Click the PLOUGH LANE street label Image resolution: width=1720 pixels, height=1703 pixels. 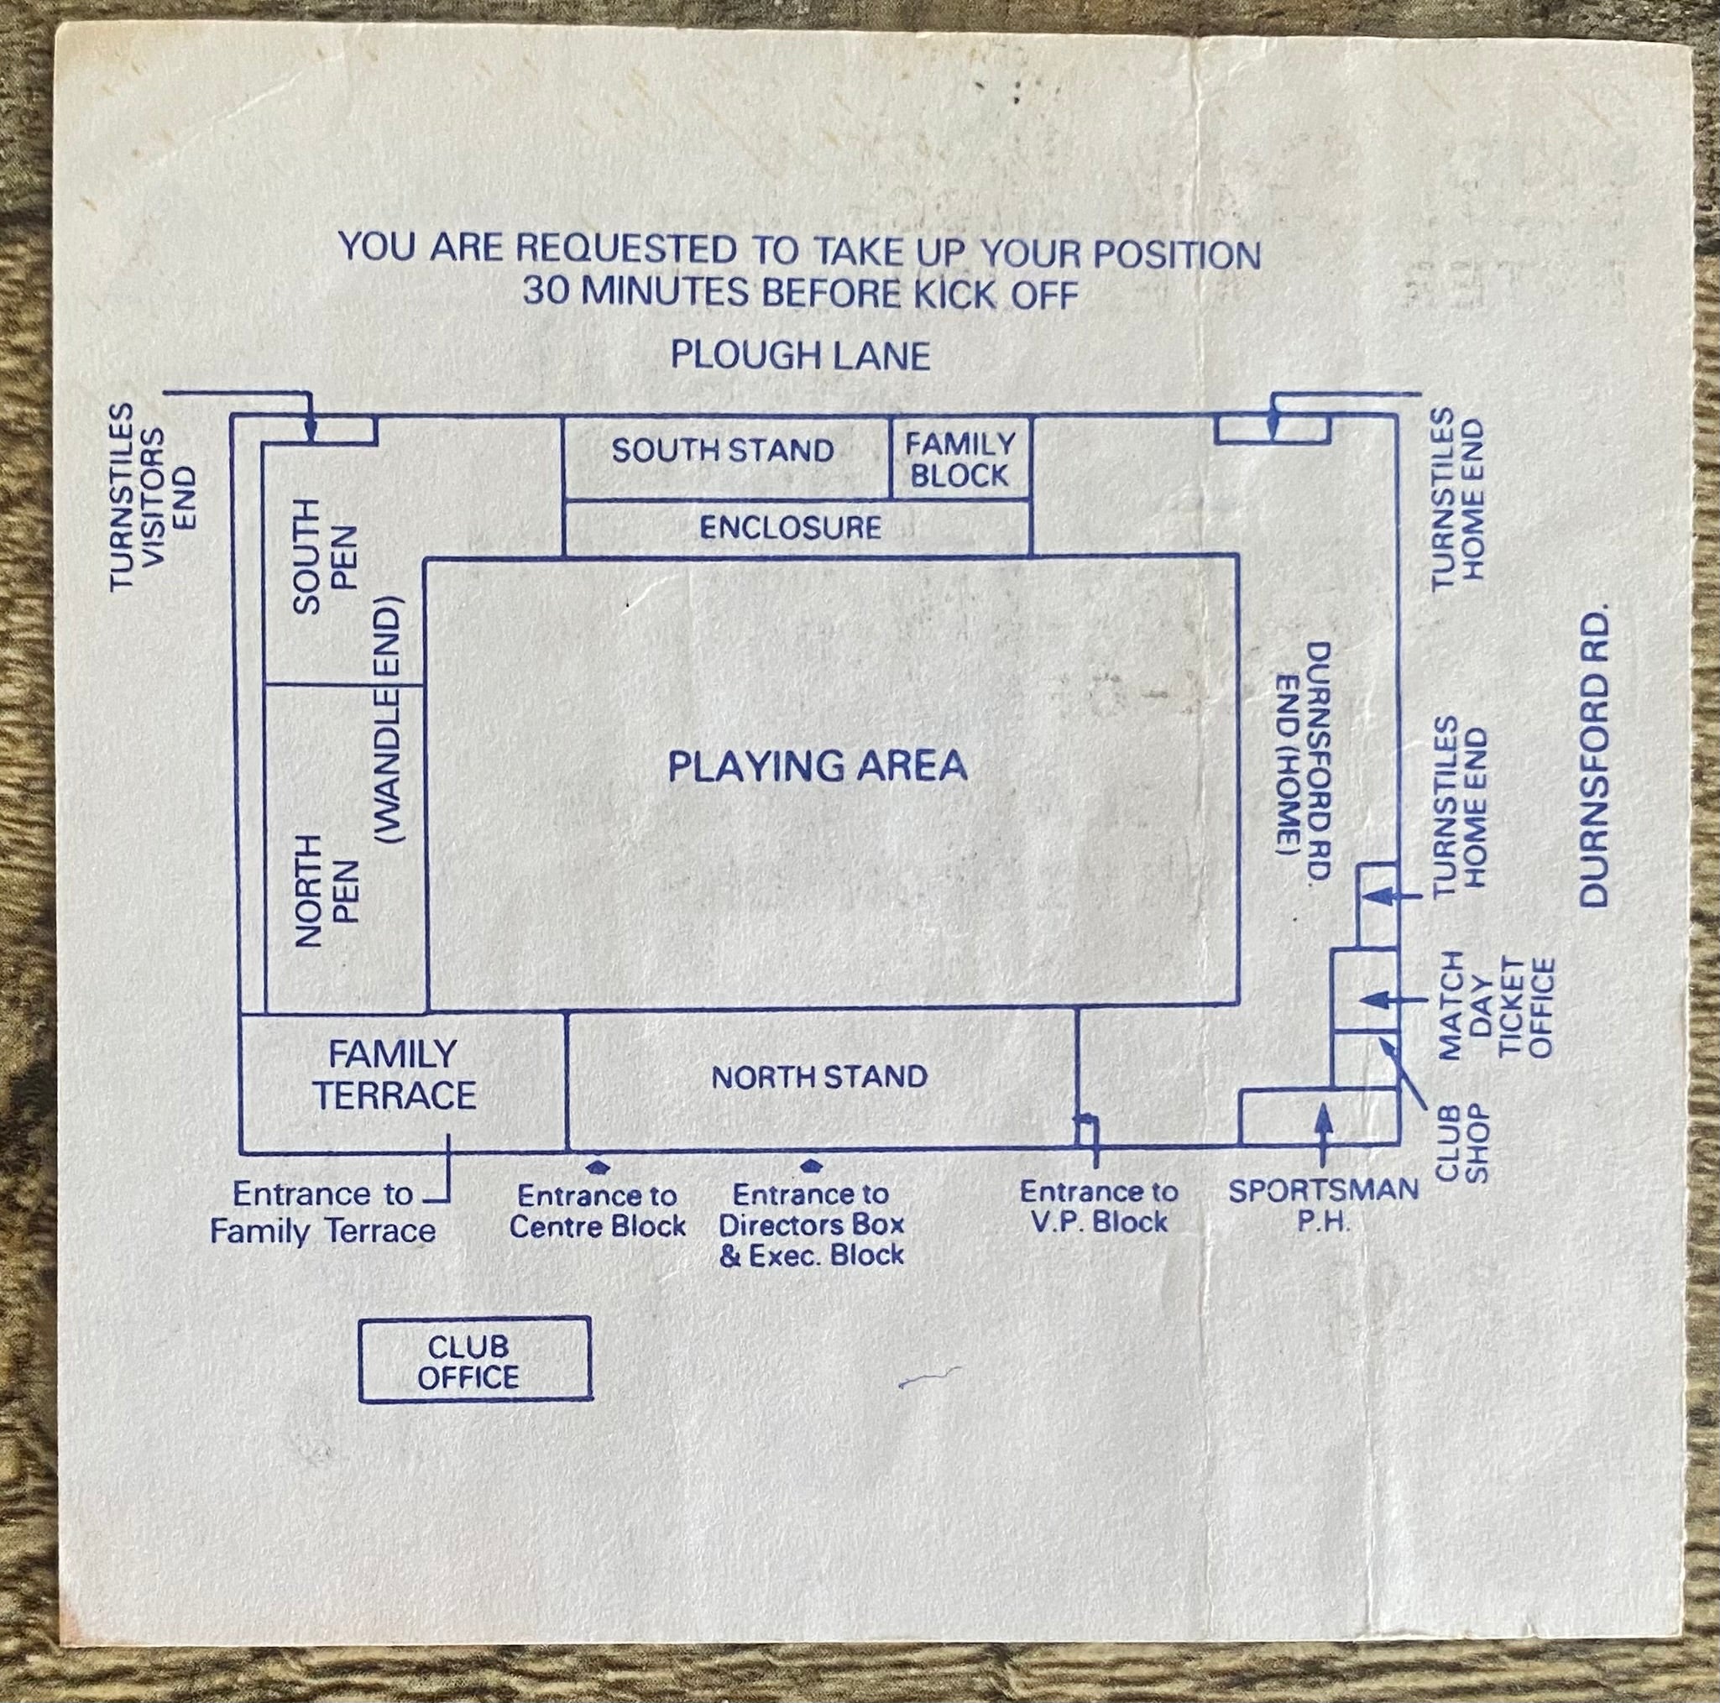(x=800, y=355)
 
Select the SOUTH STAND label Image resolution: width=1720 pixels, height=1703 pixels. (x=722, y=451)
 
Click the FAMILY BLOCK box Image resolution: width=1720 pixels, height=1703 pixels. (x=960, y=458)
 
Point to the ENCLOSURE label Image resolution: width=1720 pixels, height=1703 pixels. (x=791, y=528)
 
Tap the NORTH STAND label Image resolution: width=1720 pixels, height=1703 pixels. (x=819, y=1077)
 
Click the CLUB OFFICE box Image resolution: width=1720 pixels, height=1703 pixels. (x=474, y=1361)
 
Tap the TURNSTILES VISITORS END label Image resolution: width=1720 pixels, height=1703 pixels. (x=151, y=497)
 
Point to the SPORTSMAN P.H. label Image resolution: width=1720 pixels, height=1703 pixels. (x=1323, y=1205)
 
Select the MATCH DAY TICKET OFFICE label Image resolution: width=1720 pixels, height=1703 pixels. (x=1496, y=1007)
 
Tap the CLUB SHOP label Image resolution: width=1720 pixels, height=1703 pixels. (x=1461, y=1144)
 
